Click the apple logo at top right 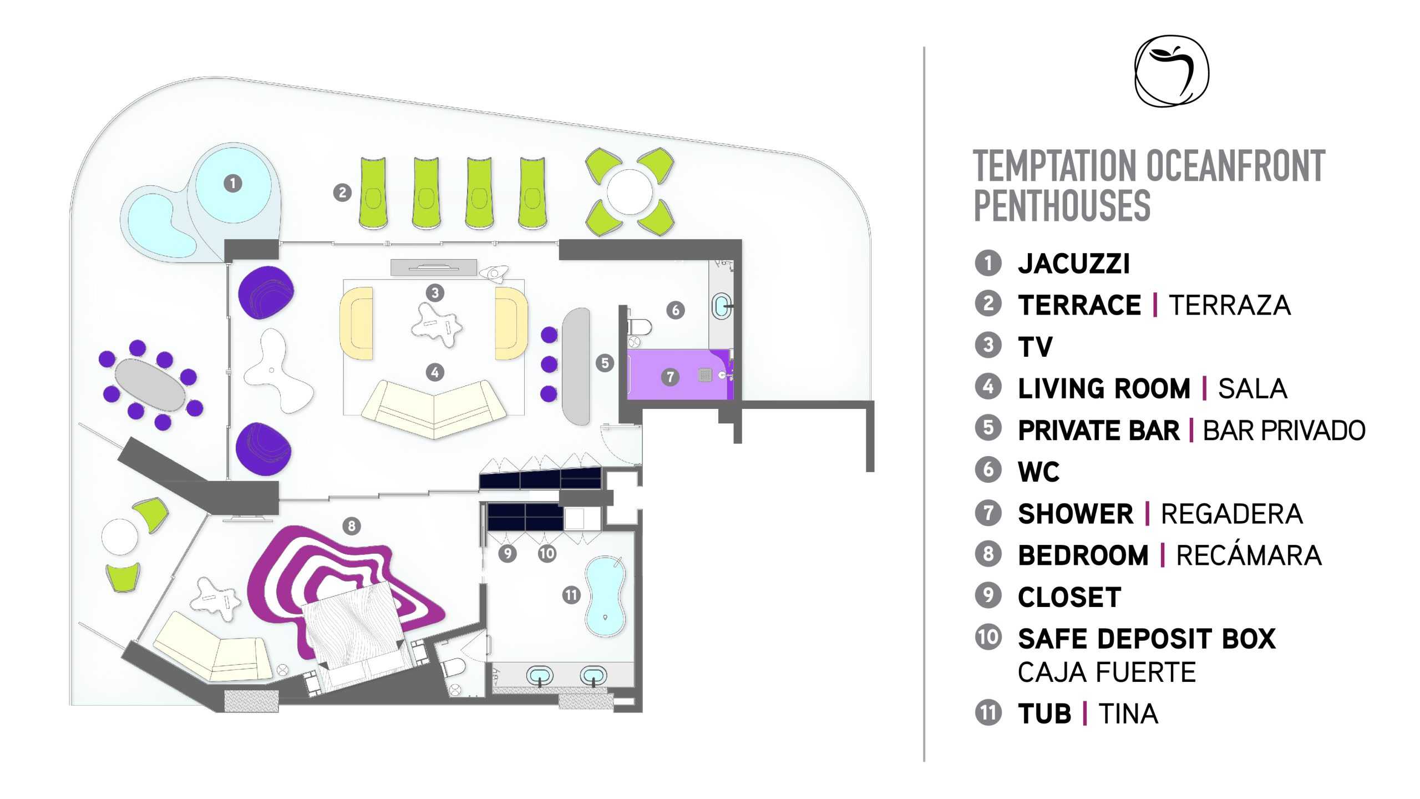coord(1171,71)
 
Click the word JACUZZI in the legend coord(1073,264)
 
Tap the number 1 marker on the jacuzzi coord(232,183)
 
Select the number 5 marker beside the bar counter coord(605,363)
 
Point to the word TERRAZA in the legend coord(1229,305)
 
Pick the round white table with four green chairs coord(630,191)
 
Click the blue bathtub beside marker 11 coord(606,596)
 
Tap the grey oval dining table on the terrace coord(150,385)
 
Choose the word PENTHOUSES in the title coord(1062,205)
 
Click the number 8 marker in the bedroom coord(351,525)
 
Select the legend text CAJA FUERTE coord(1107,672)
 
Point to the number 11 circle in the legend coord(988,712)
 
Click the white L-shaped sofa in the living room coord(434,408)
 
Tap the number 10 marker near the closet coord(546,553)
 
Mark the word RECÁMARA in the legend coord(1249,555)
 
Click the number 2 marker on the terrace coord(342,193)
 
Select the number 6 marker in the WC coord(675,310)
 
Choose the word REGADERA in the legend coord(1231,514)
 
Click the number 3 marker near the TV coord(435,292)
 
